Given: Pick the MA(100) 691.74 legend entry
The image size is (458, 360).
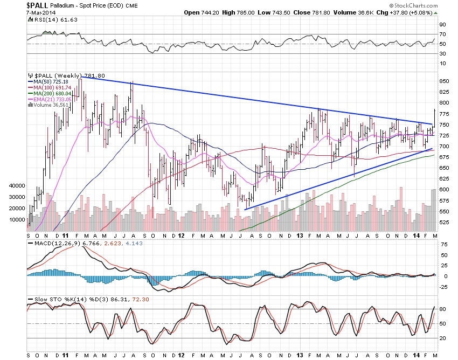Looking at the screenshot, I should click(52, 88).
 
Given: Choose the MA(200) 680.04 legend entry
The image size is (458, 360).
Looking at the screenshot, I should click(52, 94).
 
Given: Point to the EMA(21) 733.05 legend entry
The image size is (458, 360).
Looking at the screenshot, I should click(52, 100).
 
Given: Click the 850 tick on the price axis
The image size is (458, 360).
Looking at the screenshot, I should click(443, 81).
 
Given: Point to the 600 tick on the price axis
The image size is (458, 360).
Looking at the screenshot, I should click(443, 190).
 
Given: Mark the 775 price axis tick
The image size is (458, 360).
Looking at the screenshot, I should click(443, 114).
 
